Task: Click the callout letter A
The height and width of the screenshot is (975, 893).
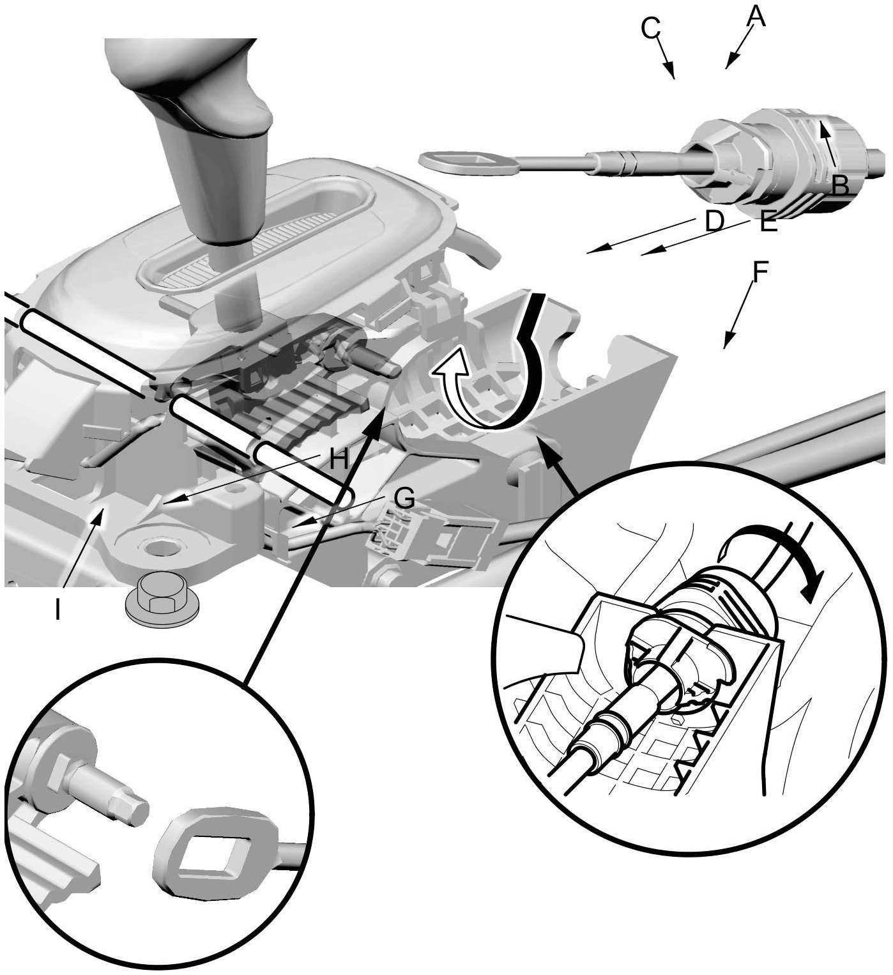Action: coord(755,16)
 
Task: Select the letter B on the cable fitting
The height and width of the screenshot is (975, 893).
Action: coord(840,185)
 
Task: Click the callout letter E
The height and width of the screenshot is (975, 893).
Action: coord(768,223)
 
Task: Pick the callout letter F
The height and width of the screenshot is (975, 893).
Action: coord(760,273)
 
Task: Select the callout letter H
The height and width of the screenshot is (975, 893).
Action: coord(339,458)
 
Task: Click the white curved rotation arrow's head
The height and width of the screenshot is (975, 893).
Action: coord(445,370)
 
